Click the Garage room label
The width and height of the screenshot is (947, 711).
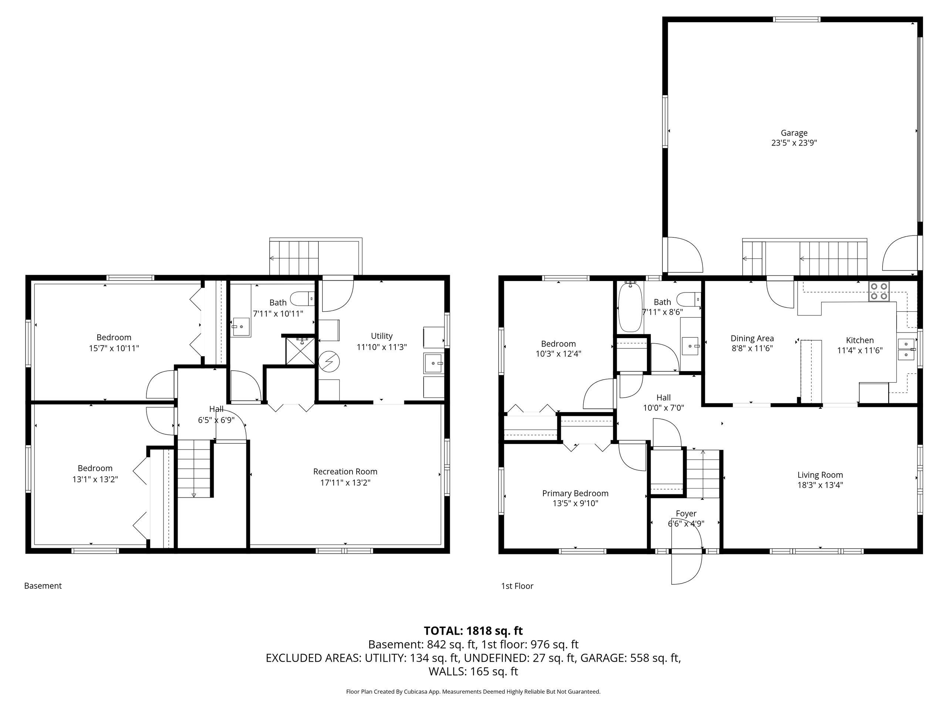click(x=794, y=133)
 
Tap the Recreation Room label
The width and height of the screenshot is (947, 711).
click(x=345, y=471)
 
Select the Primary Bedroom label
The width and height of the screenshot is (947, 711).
click(x=575, y=493)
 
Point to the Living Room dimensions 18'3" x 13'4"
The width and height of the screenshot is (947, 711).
click(x=820, y=485)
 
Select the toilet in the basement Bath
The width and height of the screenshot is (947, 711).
click(x=302, y=298)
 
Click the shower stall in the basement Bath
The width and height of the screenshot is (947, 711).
click(x=302, y=351)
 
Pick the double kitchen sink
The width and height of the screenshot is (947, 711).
click(x=906, y=350)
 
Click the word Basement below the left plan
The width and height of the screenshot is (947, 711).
click(x=43, y=586)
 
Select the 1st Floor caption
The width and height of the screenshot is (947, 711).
click(x=517, y=586)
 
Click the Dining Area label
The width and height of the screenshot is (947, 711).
click(x=752, y=338)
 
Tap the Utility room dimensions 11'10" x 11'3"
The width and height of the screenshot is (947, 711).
click(x=381, y=347)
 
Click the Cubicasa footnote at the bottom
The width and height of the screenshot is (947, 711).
click(x=473, y=691)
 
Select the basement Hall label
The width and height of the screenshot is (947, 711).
click(x=216, y=409)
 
